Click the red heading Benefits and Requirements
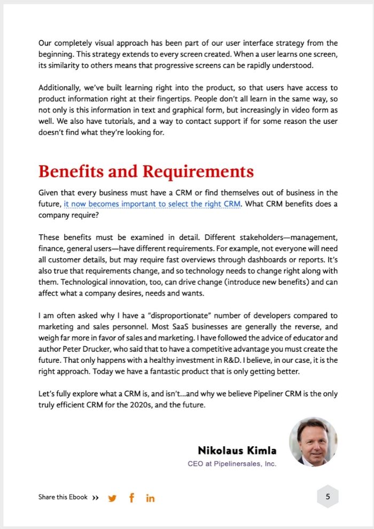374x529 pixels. pyautogui.click(x=146, y=172)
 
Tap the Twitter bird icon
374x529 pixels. pyautogui.click(x=112, y=498)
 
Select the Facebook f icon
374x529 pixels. pyautogui.click(x=131, y=497)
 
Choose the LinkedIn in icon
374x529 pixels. pyautogui.click(x=150, y=498)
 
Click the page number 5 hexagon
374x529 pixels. pyautogui.click(x=328, y=497)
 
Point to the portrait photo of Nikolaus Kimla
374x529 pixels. pyautogui.click(x=313, y=441)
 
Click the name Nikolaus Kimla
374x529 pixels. pyautogui.click(x=237, y=450)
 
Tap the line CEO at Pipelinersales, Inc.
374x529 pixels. pyautogui.click(x=232, y=464)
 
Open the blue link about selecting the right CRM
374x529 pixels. pyautogui.click(x=152, y=204)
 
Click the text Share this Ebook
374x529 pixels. pyautogui.click(x=63, y=497)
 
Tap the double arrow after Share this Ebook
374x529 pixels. pyautogui.click(x=95, y=497)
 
